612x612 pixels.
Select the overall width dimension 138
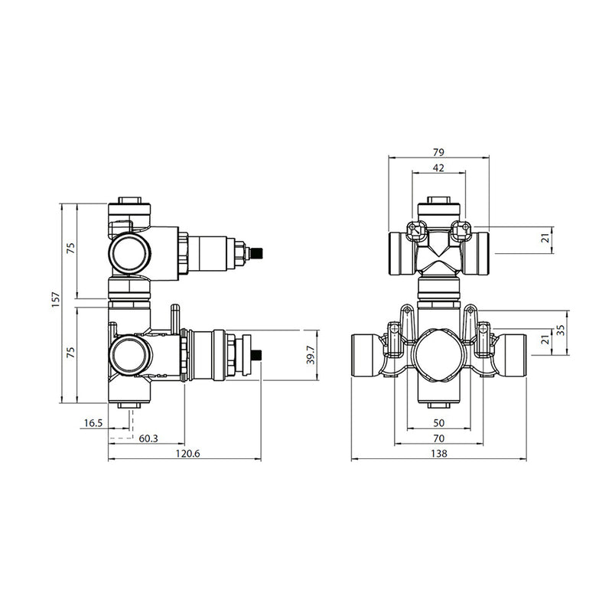coord(438,454)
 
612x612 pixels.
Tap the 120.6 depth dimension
coord(184,454)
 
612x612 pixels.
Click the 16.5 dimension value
coord(94,422)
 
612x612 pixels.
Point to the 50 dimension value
coord(438,422)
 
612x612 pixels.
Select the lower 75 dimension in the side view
coord(71,353)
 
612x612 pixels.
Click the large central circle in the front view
coord(438,354)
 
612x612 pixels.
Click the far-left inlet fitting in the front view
coord(366,354)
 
